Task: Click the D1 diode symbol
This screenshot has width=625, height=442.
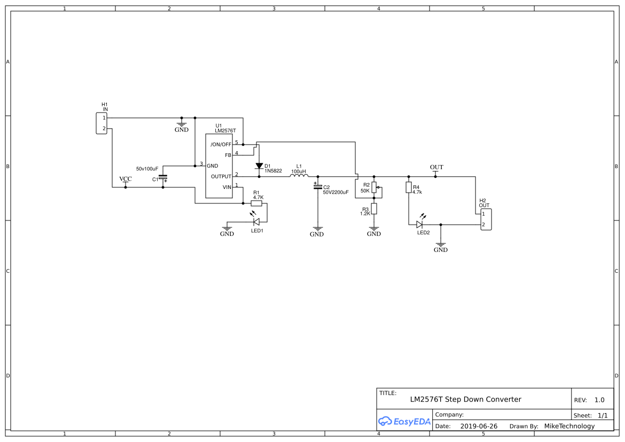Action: tap(259, 165)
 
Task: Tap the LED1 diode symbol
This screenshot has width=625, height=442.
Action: tap(256, 222)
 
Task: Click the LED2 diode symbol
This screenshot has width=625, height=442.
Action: tap(419, 224)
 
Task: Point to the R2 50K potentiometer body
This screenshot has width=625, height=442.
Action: tap(374, 187)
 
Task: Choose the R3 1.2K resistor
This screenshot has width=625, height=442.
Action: tap(374, 208)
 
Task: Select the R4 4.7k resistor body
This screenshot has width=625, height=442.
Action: tap(409, 187)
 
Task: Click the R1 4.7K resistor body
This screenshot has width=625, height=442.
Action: tap(256, 203)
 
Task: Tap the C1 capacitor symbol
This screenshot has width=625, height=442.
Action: tap(163, 177)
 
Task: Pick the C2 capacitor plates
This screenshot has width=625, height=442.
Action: tap(318, 186)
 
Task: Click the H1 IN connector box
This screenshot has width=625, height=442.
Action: tap(101, 123)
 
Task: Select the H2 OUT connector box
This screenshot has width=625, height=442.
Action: tap(486, 219)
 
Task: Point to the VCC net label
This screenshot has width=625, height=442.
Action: tap(126, 179)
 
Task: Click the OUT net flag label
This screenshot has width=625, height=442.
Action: tap(436, 167)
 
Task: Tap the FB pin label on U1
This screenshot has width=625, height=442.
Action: tap(228, 155)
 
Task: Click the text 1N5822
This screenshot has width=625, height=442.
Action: tap(273, 171)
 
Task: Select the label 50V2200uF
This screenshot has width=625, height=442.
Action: tap(335, 192)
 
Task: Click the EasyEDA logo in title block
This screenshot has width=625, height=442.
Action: tap(404, 421)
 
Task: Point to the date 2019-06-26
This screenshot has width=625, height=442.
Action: tap(479, 426)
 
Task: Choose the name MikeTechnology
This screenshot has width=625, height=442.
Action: tap(569, 426)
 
